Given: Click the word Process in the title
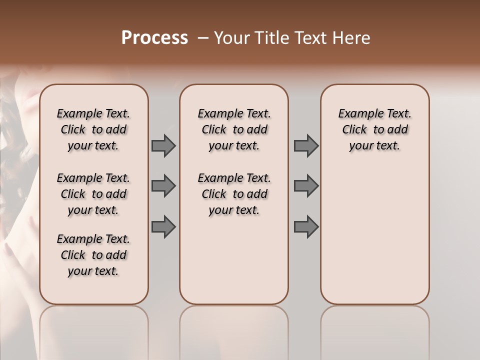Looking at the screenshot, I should [x=154, y=38].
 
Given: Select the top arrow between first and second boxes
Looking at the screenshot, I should [x=163, y=145].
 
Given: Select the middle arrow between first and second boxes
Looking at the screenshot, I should [x=163, y=186].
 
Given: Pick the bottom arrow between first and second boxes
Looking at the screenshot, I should [x=163, y=226].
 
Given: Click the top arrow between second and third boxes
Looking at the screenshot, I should [x=306, y=145].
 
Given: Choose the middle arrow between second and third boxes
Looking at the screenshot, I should [x=306, y=186].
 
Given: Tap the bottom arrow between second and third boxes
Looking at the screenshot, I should [x=306, y=226].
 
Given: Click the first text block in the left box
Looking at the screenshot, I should [x=93, y=129].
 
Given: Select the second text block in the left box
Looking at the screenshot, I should [x=93, y=194].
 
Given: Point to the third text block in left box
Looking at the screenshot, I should [x=93, y=255].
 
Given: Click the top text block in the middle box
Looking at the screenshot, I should [x=234, y=129].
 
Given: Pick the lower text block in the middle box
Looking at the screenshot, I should [x=234, y=194].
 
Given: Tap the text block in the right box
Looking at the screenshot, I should [x=374, y=129].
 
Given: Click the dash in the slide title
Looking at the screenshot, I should [x=203, y=38].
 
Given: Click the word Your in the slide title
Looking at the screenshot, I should [x=229, y=38].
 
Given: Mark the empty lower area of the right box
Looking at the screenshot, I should [x=374, y=235].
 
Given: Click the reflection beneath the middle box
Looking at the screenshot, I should [x=234, y=325].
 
